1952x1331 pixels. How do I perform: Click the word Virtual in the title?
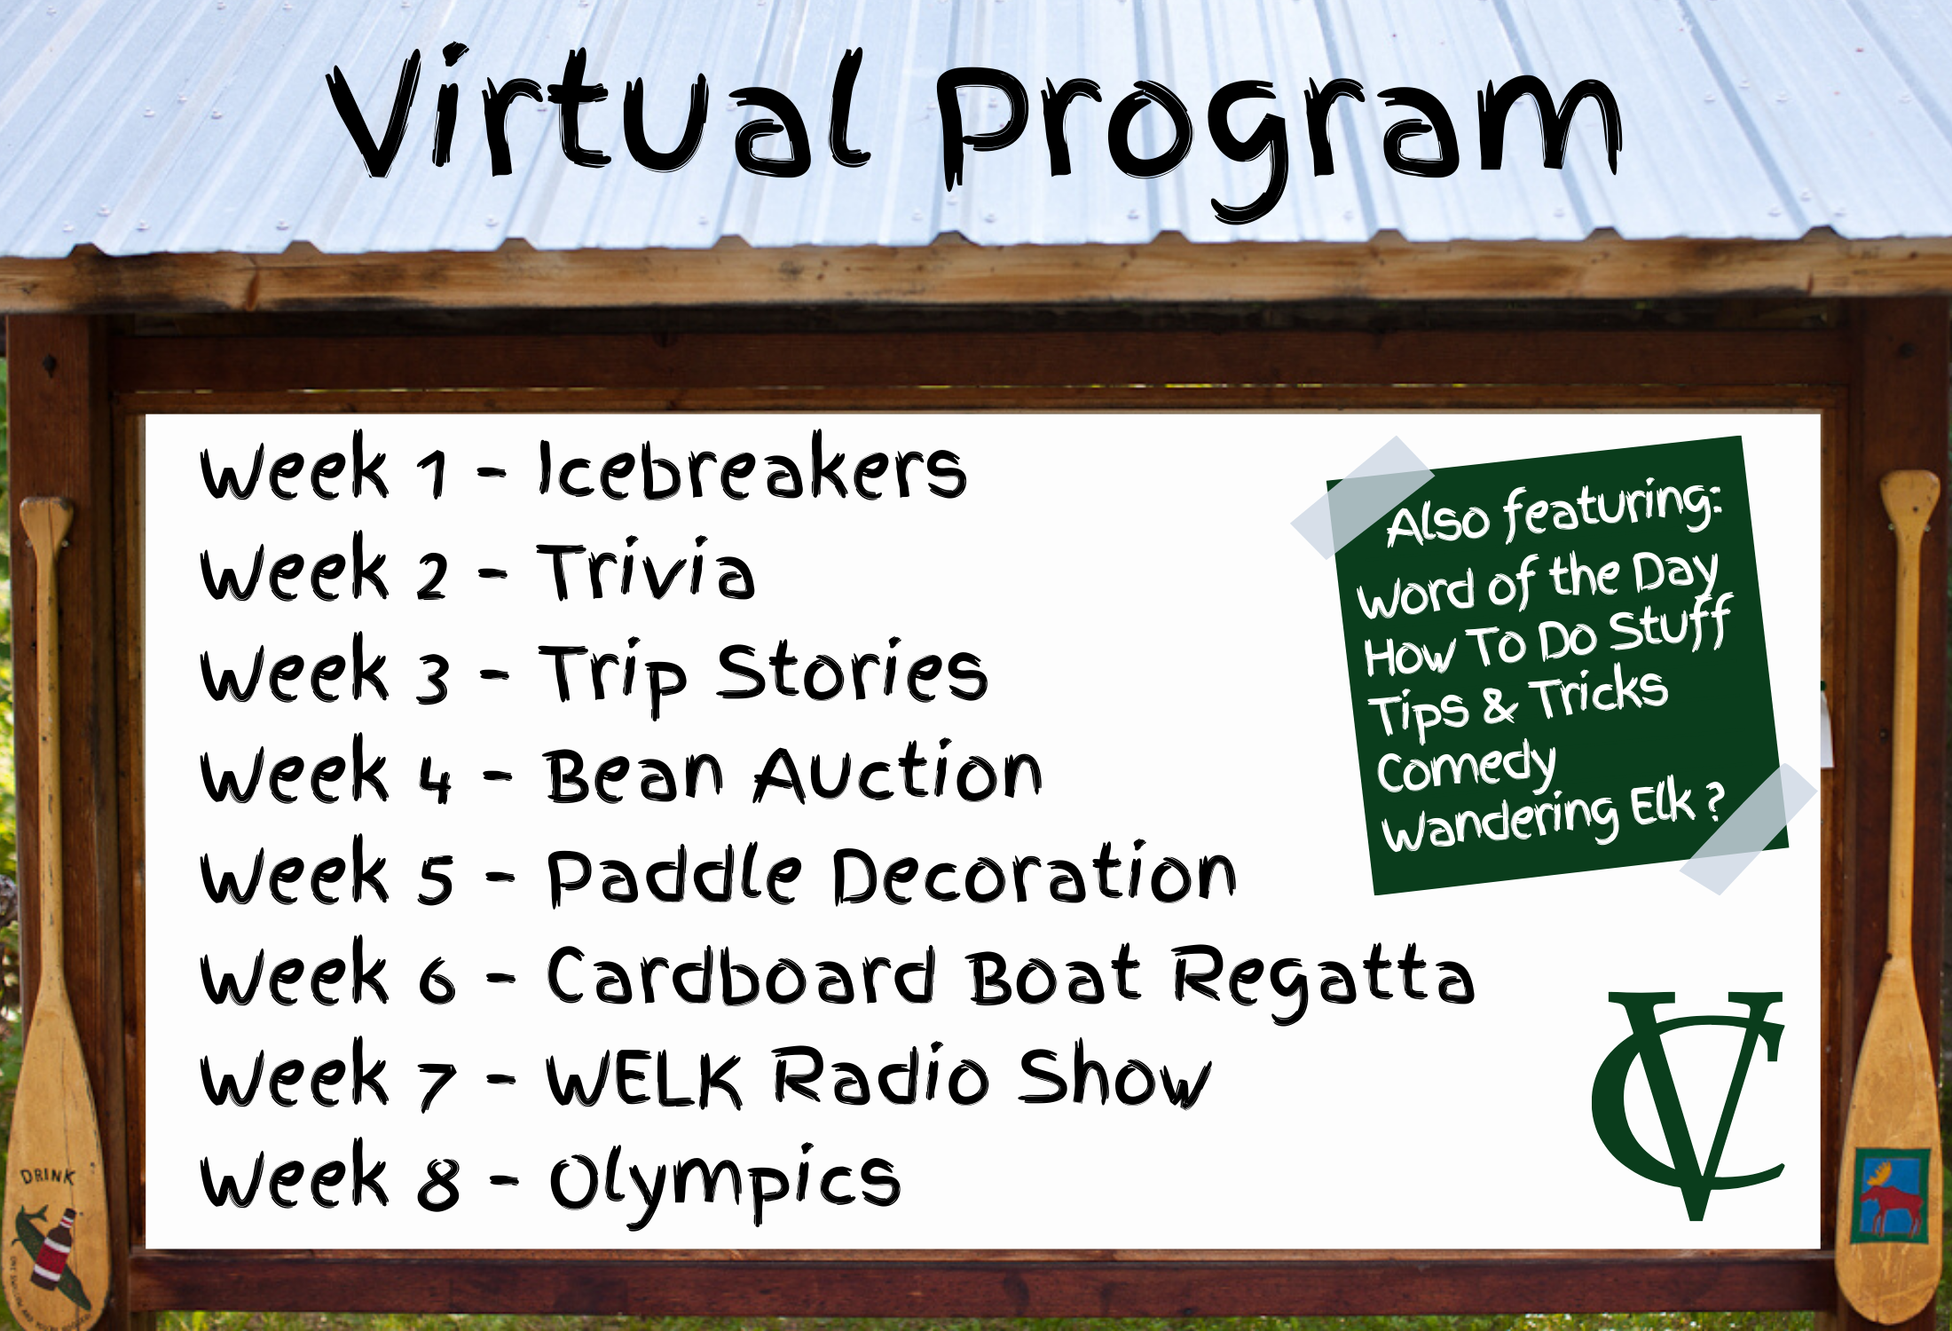(599, 111)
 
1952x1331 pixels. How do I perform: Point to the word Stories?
(852, 672)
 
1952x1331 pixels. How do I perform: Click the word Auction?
(898, 773)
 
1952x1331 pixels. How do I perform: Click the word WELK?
(643, 1077)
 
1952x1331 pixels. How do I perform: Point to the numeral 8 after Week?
(438, 1183)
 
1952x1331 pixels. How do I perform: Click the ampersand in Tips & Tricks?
(1499, 706)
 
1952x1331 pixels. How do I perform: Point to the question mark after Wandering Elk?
(1713, 803)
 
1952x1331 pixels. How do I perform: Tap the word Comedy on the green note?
(1465, 767)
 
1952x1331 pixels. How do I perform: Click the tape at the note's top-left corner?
(1362, 496)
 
